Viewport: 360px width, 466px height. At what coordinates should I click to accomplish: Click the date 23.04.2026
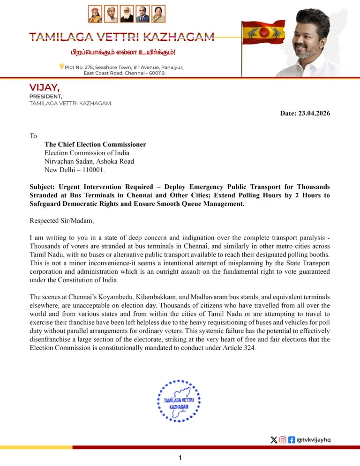click(x=314, y=113)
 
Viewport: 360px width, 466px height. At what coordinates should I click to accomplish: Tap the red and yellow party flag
click(x=264, y=32)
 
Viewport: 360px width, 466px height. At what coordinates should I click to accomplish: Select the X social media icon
click(x=274, y=440)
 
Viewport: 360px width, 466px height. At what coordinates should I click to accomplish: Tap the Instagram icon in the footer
click(x=283, y=440)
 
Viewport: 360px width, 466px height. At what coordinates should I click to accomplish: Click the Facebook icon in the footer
click(x=292, y=440)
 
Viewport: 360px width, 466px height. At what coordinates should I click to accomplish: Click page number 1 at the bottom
click(x=180, y=458)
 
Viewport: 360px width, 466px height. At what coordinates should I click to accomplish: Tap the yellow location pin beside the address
click(x=61, y=67)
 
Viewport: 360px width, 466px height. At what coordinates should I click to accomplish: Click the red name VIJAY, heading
click(x=45, y=87)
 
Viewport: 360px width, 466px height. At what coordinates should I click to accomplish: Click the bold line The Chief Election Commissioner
click(x=95, y=144)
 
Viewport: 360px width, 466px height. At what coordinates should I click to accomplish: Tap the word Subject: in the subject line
click(x=44, y=187)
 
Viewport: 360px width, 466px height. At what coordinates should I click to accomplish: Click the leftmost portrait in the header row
click(x=95, y=15)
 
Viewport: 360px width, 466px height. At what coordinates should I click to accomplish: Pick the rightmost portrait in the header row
click(x=158, y=15)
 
